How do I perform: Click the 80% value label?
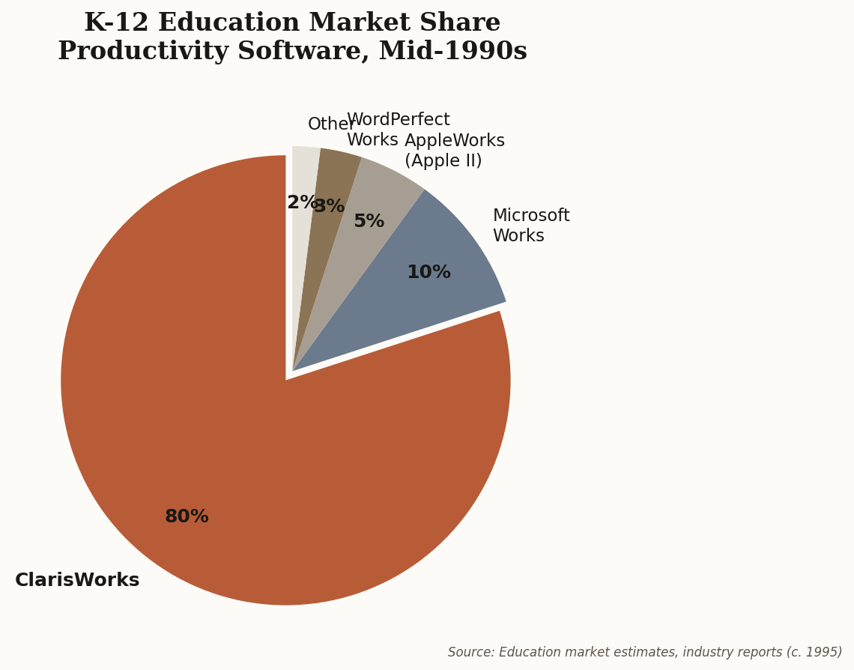(x=187, y=517)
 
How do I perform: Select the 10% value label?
(x=428, y=273)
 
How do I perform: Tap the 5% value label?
(x=369, y=222)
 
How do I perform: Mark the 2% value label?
(x=300, y=203)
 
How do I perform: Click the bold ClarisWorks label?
(x=77, y=581)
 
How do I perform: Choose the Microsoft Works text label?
(x=530, y=226)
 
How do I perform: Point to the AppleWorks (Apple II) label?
(x=454, y=151)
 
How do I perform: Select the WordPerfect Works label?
(x=398, y=130)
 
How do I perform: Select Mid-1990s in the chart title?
(x=452, y=52)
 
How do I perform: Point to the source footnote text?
(x=644, y=653)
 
